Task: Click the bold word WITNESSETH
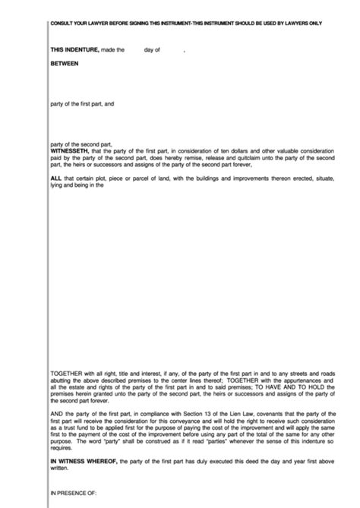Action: (69, 150)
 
